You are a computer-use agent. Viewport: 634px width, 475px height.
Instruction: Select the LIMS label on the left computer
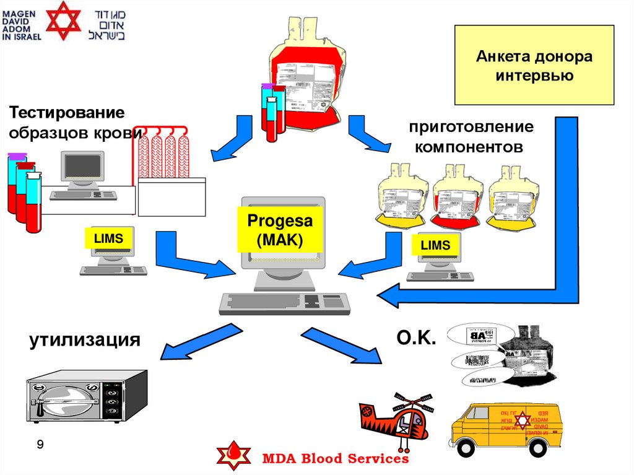point(108,238)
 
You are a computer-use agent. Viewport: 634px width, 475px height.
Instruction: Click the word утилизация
point(83,340)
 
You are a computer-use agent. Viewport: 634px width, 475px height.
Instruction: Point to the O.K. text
point(415,338)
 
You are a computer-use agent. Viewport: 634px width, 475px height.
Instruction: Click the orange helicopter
point(396,421)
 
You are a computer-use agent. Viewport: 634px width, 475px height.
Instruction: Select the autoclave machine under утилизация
point(87,397)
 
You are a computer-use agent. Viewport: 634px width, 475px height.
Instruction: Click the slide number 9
point(40,445)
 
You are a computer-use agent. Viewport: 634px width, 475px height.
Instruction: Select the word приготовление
point(471,128)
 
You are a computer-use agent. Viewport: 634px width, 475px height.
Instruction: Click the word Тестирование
point(66,113)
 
